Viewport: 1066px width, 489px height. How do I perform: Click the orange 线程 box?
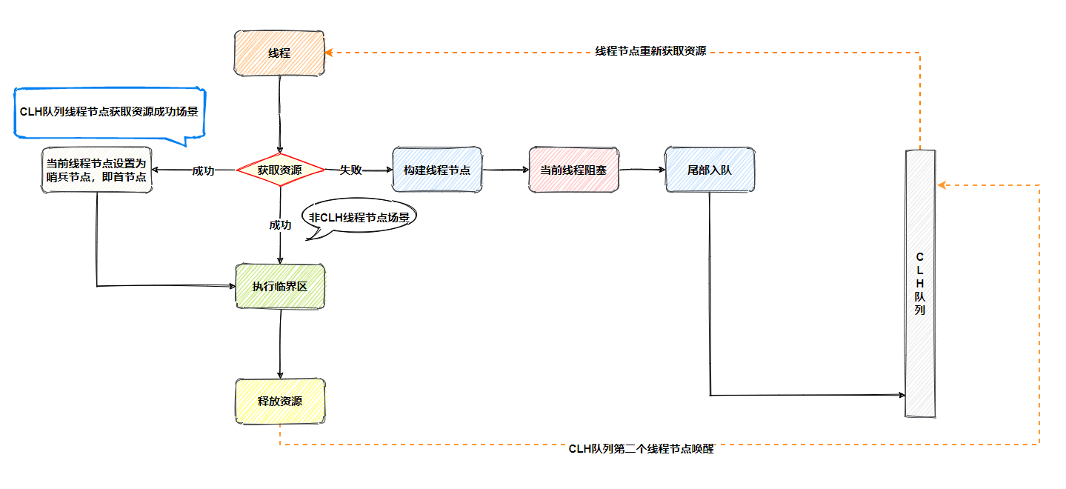coord(279,53)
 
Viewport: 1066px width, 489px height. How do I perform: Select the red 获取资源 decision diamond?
coord(280,170)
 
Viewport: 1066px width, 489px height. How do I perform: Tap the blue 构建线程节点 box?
coord(437,170)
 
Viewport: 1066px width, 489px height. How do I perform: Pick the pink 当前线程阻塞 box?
coord(573,170)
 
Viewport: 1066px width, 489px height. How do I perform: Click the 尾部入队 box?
coord(710,170)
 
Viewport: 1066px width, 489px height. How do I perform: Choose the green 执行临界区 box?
coord(280,285)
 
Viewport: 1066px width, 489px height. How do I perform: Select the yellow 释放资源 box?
coord(280,402)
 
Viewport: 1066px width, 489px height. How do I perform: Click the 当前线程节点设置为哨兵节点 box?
coord(96,170)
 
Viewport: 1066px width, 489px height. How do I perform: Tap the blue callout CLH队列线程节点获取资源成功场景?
coord(109,113)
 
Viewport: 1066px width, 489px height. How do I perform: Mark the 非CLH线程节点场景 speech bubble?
coord(359,219)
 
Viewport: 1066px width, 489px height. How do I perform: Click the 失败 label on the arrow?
coord(350,170)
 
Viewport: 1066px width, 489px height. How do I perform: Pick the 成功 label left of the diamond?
coord(203,170)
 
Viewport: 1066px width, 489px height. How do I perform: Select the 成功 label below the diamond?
coord(280,224)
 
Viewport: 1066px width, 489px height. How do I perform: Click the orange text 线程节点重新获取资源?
coord(650,51)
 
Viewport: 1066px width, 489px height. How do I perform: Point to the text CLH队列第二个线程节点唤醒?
coord(641,449)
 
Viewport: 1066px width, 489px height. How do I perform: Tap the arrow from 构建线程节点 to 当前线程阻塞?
coord(505,170)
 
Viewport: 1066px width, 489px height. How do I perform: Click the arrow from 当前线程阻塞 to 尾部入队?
coord(642,170)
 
